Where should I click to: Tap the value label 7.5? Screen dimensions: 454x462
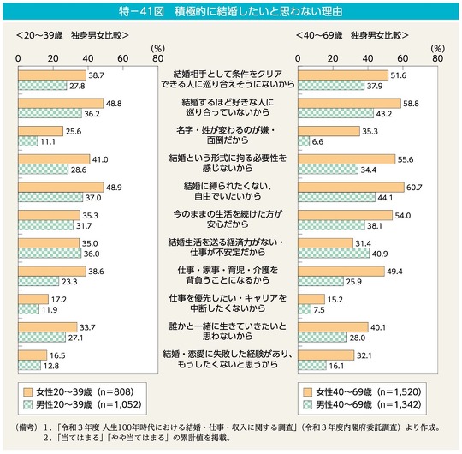(x=319, y=310)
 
